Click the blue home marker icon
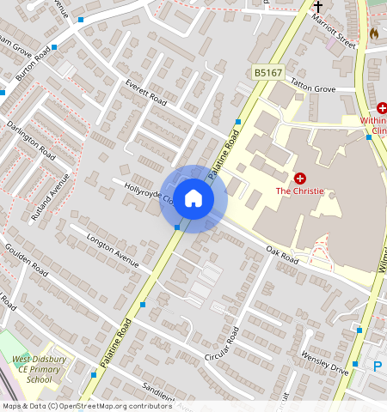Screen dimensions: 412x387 coord(193,198)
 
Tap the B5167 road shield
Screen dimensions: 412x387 coord(268,74)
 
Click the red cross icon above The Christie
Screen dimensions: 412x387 coord(300,178)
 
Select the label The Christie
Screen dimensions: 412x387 coord(299,191)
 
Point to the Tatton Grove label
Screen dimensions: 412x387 coord(313,88)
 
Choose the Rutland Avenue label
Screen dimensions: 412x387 coord(50,197)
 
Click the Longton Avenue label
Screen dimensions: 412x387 coord(112,252)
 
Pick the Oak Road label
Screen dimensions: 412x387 coord(281,256)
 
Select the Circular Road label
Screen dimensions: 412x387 coord(220,344)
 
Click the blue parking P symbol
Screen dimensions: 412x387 coord(377,367)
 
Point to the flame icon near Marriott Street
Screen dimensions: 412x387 coord(374,32)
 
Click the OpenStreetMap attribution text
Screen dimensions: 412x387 coord(87,406)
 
